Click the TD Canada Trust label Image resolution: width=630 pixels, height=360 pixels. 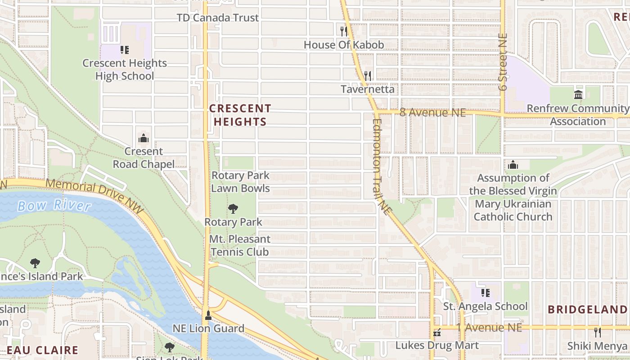click(x=218, y=18)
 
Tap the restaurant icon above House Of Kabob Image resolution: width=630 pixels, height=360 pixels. click(x=344, y=31)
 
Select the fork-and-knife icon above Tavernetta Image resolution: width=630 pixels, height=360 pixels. click(x=368, y=76)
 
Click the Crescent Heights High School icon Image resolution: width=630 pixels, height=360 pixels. click(x=125, y=49)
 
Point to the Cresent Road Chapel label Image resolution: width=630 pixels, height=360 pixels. click(x=144, y=158)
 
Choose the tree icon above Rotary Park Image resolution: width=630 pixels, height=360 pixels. click(x=233, y=208)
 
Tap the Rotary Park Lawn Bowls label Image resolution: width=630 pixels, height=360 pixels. click(x=240, y=182)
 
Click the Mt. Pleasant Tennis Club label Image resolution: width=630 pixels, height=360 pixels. click(x=239, y=245)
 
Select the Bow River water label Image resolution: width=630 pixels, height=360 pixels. click(x=54, y=206)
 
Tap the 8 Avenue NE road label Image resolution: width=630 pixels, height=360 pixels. click(x=432, y=112)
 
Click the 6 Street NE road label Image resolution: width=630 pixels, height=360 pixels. click(x=503, y=62)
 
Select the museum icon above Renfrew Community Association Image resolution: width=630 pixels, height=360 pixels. click(x=578, y=94)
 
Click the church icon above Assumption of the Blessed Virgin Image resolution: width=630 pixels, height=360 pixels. click(x=513, y=165)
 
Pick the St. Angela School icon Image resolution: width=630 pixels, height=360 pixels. click(x=486, y=293)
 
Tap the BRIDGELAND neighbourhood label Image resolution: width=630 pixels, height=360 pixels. click(x=587, y=310)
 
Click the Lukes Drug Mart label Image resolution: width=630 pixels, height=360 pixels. click(x=437, y=346)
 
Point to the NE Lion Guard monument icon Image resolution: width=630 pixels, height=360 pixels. click(x=208, y=315)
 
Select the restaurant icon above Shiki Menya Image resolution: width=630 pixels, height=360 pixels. click(x=597, y=333)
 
